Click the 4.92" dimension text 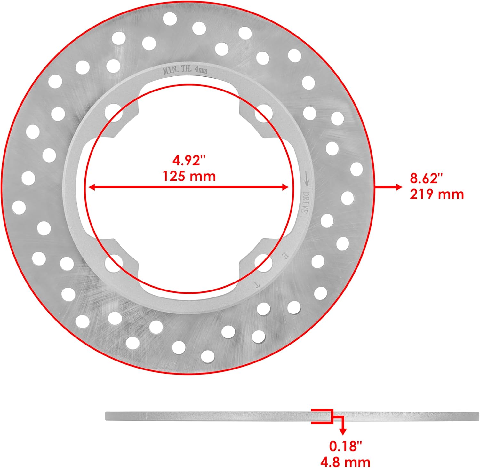[x=188, y=161]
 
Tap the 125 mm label [x=189, y=176]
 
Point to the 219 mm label [x=437, y=194]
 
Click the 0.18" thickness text [x=346, y=446]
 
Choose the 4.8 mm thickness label [x=346, y=462]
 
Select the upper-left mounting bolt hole [x=114, y=112]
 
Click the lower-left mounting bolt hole [x=114, y=262]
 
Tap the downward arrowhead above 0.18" [x=343, y=432]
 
